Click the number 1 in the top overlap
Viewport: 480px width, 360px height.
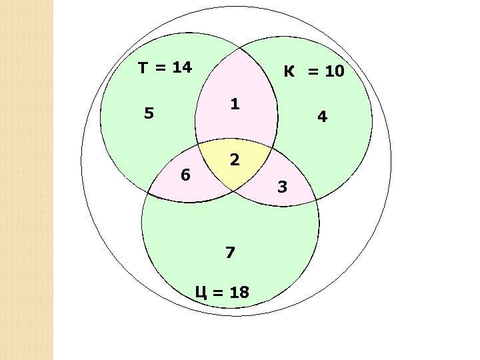pyautogui.click(x=235, y=105)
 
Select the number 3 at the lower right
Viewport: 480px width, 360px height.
pyautogui.click(x=282, y=187)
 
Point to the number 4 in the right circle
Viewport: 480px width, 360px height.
pyautogui.click(x=322, y=117)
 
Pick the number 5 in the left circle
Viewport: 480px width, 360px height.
pyautogui.click(x=149, y=114)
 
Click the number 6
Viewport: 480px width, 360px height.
pyautogui.click(x=186, y=175)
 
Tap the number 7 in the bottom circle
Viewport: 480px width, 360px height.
pyautogui.click(x=230, y=253)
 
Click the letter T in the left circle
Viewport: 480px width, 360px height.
pyautogui.click(x=143, y=67)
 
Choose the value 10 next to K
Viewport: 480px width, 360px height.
pyautogui.click(x=334, y=71)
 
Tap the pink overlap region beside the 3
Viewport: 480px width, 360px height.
pyautogui.click(x=287, y=175)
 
